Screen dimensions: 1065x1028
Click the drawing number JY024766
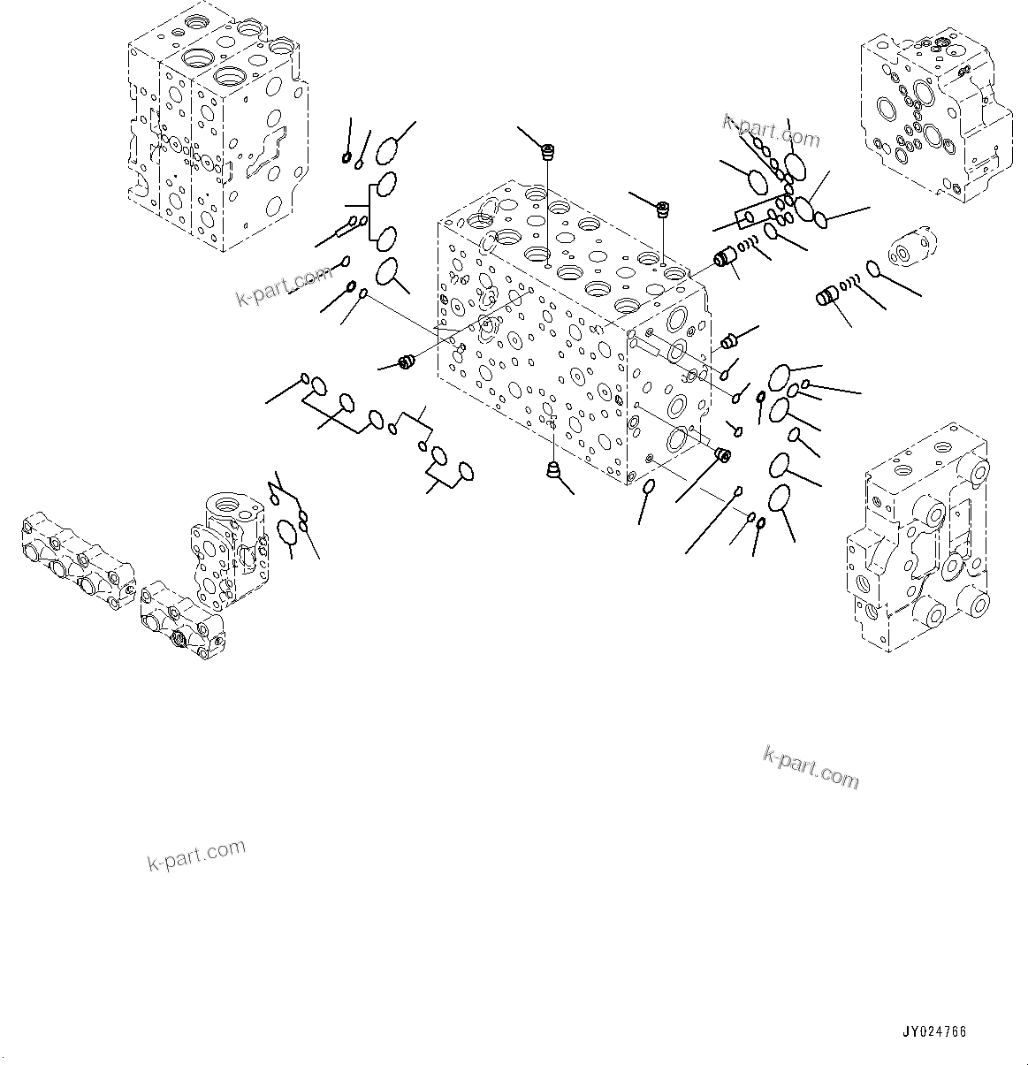coord(934,1031)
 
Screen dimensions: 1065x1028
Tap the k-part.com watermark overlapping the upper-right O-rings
coord(771,131)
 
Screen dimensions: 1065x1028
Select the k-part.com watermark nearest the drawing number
coord(810,765)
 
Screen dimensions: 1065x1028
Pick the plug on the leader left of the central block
coord(407,362)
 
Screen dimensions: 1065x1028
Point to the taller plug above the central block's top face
coord(547,152)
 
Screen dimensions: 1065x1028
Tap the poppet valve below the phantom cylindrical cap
coord(828,298)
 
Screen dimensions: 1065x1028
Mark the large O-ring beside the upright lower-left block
coord(286,532)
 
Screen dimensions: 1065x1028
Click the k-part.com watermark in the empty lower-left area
coord(196,855)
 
